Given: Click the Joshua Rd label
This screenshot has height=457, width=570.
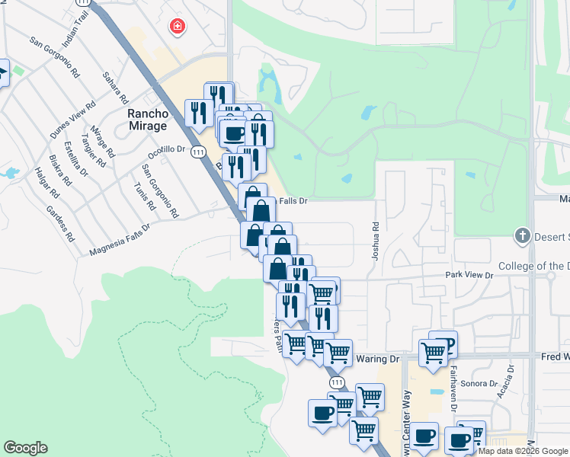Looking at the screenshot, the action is coord(375,240).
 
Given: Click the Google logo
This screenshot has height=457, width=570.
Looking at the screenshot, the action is coord(25,448).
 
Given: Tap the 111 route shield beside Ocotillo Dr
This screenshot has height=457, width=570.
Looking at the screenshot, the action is coord(198,152).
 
